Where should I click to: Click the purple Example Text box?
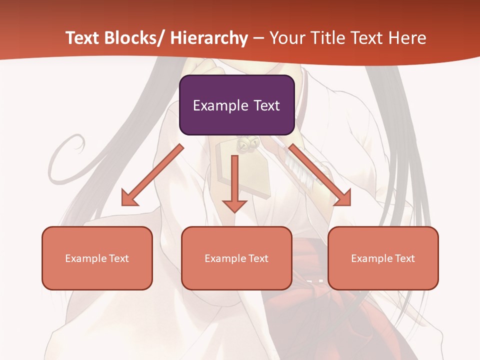pyautogui.click(x=236, y=105)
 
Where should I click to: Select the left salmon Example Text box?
pyautogui.click(x=97, y=258)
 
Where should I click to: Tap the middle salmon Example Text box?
pyautogui.click(x=236, y=258)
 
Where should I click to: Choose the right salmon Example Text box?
pyautogui.click(x=383, y=258)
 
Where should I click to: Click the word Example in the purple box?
pyautogui.click(x=219, y=106)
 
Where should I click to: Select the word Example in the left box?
pyautogui.click(x=85, y=258)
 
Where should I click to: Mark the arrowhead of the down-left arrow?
pyautogui.click(x=129, y=198)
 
